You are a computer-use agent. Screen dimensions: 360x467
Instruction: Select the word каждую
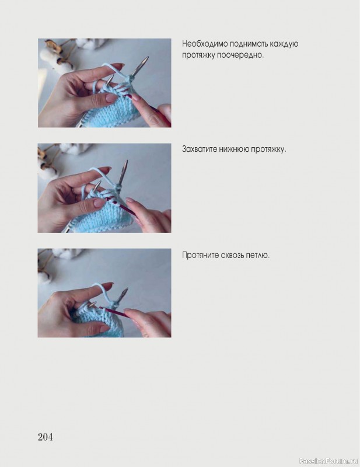tap(284, 44)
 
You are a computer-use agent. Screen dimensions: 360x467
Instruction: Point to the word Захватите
tap(200, 149)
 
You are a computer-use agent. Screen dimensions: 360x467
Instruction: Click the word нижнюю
tap(234, 149)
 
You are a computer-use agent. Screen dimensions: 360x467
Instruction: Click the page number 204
tap(46, 437)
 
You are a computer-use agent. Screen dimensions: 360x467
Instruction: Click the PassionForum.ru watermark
tap(328, 461)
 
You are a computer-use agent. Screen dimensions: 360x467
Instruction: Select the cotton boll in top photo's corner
tap(51, 57)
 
